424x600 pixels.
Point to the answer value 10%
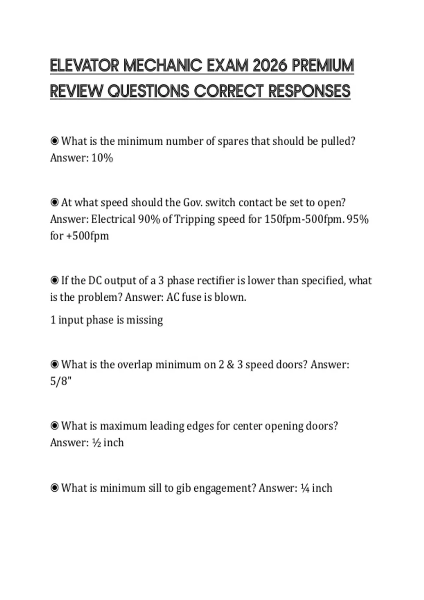(102, 158)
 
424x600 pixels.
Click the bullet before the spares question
(54, 141)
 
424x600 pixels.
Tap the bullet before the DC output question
(54, 281)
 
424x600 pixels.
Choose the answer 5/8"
(61, 381)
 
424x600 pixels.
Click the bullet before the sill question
(54, 488)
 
